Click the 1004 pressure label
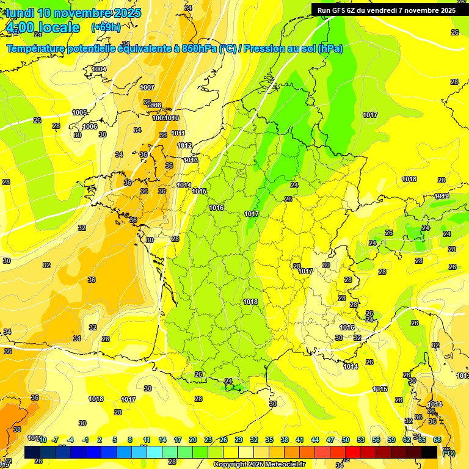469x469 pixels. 99,69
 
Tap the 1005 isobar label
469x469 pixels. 79,112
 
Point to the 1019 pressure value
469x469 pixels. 442,196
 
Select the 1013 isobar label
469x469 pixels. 191,160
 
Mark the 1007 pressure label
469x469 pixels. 147,87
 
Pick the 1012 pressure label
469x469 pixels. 185,145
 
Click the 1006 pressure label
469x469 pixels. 90,126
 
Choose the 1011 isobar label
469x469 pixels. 178,133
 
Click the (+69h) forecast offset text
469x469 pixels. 106,27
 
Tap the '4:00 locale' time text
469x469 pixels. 42,27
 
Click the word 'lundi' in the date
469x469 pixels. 20,13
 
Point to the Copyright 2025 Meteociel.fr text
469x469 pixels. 259,464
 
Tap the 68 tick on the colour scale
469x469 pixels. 437,440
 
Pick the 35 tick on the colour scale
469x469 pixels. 269,440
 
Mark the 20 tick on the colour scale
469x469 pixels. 192,440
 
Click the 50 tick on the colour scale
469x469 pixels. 346,440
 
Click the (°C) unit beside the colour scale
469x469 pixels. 448,453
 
